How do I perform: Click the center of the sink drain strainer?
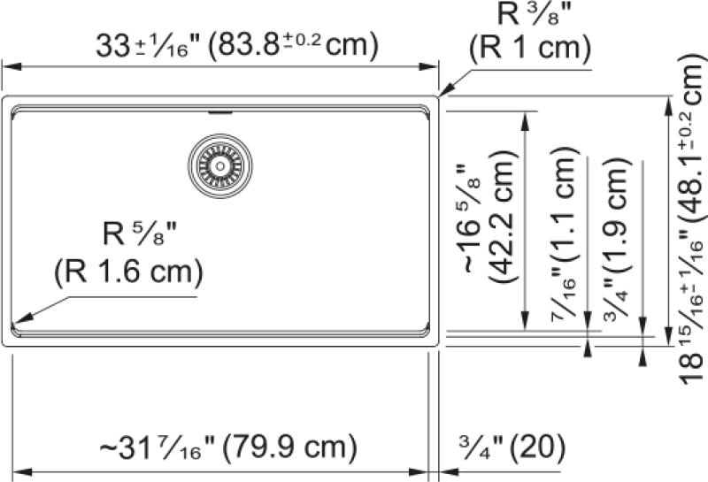(x=219, y=166)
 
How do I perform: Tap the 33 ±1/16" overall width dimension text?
(x=148, y=45)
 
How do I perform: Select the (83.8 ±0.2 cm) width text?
(x=293, y=45)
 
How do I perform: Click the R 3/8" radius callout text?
(x=535, y=14)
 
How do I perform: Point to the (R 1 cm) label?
(x=530, y=48)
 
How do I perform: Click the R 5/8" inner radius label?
(x=140, y=233)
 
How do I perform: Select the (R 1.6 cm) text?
(x=128, y=272)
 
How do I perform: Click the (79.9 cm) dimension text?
(x=289, y=447)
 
